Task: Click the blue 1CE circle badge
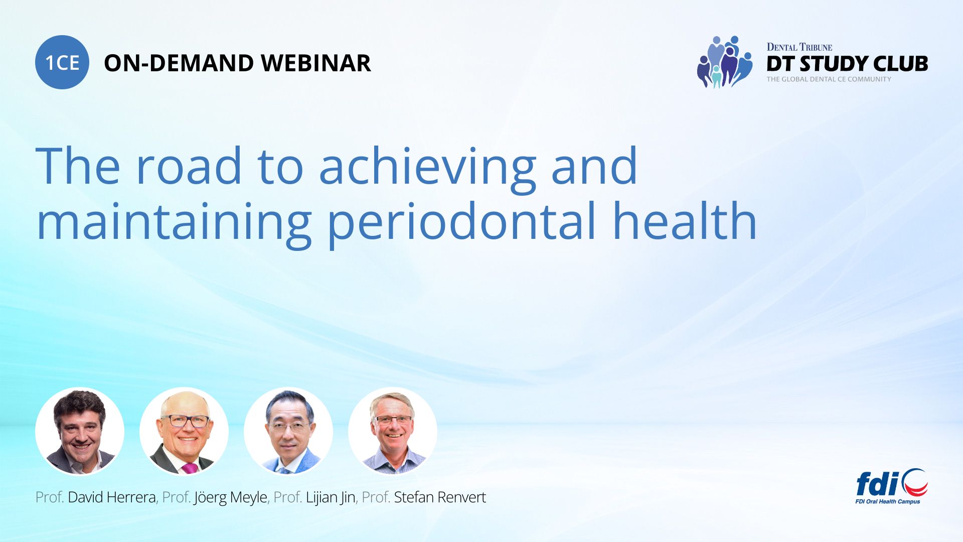point(62,62)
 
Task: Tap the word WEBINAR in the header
point(316,63)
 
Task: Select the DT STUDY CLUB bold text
point(847,64)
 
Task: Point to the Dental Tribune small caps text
point(799,47)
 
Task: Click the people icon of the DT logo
point(725,62)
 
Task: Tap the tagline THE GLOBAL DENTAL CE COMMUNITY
point(829,79)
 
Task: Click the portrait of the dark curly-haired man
point(80,431)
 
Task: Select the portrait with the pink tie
point(184,431)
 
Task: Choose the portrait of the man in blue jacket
point(288,431)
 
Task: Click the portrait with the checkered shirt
point(393,431)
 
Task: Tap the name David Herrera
point(111,497)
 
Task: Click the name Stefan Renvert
point(440,497)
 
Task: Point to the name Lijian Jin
point(331,498)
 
